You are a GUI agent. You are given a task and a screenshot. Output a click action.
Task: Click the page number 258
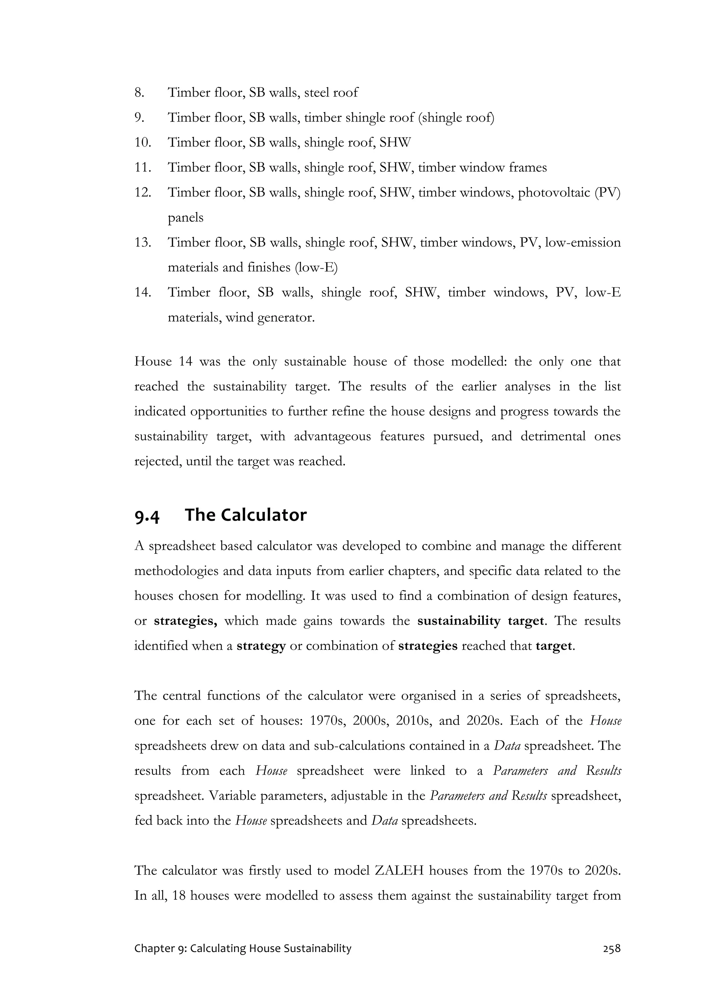coord(612,961)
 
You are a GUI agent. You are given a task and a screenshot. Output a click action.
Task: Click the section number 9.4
coord(147,516)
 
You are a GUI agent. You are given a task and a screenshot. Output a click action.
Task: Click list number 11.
coord(143,168)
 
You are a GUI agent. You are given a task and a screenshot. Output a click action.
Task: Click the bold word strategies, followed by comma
coord(186,621)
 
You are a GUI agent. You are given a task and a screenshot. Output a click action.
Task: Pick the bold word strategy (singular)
coord(261,646)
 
